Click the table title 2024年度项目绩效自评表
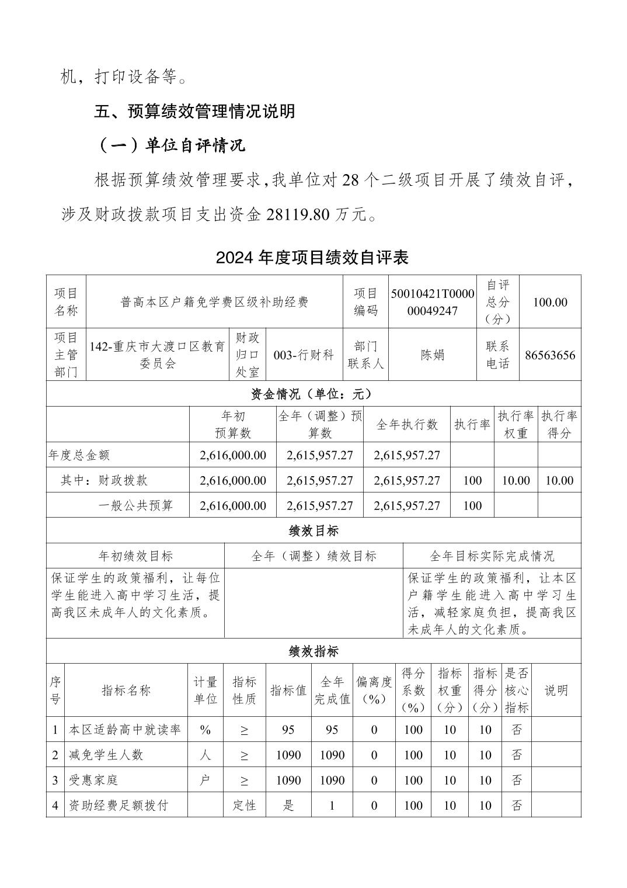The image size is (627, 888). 312,258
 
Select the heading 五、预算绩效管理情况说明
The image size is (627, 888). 194,111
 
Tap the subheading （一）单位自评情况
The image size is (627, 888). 169,145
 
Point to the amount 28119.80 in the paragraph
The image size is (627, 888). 298,215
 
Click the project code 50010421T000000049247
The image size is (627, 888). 433,302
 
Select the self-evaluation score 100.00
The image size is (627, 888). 550,302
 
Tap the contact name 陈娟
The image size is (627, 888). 433,355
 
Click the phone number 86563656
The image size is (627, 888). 550,355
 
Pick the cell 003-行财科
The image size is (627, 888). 304,355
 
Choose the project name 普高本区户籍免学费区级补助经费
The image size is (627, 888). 214,302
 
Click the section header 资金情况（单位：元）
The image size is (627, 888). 312,394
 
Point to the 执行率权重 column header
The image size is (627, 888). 515,424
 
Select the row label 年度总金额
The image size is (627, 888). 79,455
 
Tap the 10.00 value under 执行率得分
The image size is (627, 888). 559,480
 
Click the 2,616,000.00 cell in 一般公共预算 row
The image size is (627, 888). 232,505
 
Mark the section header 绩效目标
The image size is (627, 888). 313,531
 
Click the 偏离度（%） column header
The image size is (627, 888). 374,690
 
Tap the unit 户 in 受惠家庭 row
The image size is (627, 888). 205,780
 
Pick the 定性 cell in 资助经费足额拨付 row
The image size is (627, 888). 245,805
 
